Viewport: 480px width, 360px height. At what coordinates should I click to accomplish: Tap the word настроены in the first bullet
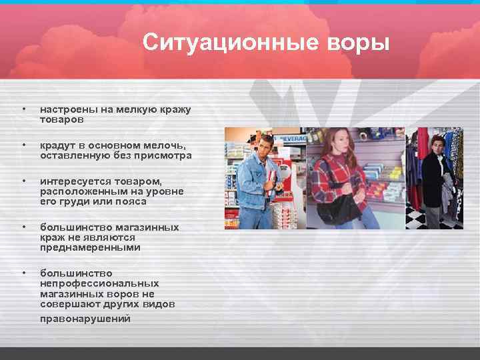65,109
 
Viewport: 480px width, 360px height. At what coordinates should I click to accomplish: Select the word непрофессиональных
99,283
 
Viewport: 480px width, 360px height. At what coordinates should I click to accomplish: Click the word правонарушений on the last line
85,319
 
